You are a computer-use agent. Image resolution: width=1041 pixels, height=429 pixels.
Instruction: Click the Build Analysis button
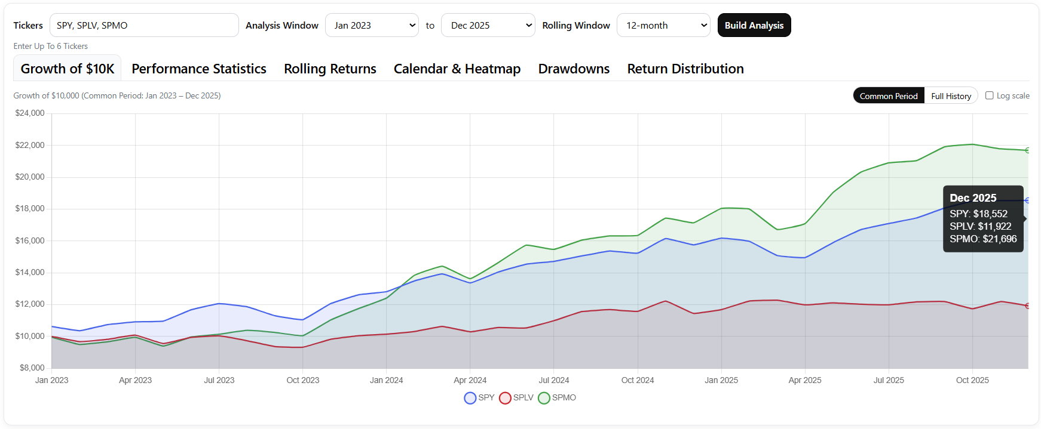coord(754,25)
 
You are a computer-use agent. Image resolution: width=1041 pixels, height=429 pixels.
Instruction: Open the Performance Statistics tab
coord(199,69)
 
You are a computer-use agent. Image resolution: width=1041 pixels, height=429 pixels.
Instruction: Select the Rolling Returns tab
coord(330,69)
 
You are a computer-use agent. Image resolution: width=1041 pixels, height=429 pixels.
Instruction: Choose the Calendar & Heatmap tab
coord(457,69)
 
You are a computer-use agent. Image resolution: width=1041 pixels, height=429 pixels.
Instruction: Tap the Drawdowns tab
coord(574,69)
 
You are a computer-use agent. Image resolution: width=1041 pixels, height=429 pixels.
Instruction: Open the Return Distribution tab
coord(685,69)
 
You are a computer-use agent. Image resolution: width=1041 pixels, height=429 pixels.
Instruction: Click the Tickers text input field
coord(144,25)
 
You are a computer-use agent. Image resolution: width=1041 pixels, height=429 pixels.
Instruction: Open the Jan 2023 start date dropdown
coord(372,25)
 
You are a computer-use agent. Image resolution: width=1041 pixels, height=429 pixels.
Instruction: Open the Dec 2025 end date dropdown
coord(488,25)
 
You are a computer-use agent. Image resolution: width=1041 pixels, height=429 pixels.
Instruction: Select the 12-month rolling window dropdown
coord(663,25)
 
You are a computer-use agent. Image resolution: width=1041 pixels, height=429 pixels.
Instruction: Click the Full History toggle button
coord(951,95)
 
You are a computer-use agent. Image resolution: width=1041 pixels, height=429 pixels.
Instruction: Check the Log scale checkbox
coord(990,95)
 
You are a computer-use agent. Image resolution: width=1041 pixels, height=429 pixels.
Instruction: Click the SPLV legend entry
coord(516,397)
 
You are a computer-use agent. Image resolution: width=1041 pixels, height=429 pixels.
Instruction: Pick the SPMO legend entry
coord(557,397)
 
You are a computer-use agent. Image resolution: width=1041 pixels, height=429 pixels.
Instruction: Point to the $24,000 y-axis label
coord(30,113)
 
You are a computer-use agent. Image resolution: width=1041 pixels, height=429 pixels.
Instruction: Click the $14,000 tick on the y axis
coord(30,272)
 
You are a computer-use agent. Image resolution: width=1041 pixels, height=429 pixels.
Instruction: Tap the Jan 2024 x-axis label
coord(386,380)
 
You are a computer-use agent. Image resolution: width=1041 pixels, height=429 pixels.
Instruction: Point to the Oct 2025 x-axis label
coord(972,380)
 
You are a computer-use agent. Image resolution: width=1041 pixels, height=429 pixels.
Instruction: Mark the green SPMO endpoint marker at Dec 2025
coord(1027,150)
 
